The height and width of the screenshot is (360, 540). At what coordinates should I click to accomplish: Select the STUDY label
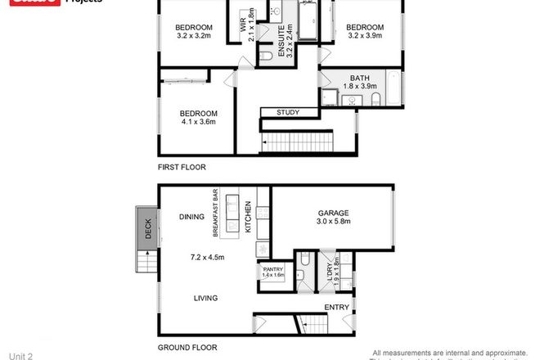point(287,113)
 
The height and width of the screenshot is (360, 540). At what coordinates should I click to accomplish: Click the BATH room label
point(360,78)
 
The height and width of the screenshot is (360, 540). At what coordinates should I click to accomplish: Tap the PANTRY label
point(272,268)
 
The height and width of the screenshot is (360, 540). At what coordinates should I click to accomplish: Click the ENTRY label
point(336,307)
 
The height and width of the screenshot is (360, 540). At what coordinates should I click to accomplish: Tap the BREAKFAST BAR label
point(216,214)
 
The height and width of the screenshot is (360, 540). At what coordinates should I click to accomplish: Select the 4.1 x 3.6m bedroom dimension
point(198,123)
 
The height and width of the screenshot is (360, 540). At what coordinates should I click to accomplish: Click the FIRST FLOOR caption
point(182,167)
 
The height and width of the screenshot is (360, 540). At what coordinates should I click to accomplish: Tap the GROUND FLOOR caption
point(187,347)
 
